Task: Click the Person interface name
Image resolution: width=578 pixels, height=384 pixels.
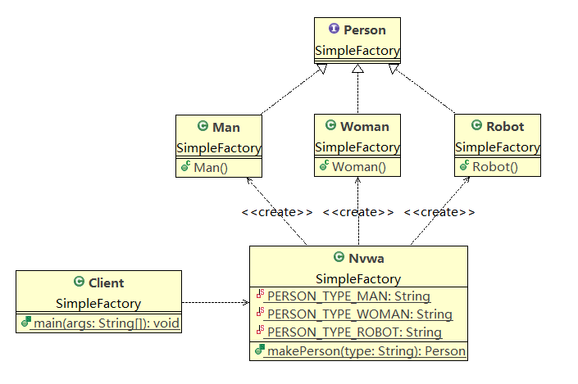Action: (x=364, y=30)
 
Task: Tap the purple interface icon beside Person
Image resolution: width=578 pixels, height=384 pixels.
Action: (x=334, y=30)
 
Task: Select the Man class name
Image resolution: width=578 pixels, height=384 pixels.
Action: (x=225, y=127)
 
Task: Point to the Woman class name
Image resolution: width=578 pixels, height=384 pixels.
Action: (x=364, y=127)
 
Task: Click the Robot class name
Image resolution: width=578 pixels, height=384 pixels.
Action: (x=504, y=127)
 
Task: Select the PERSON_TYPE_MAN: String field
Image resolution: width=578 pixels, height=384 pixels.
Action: (x=348, y=296)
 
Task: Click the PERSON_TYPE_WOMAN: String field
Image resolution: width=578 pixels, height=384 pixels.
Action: (x=359, y=314)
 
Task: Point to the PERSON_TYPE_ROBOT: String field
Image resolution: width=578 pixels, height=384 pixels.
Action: (x=353, y=332)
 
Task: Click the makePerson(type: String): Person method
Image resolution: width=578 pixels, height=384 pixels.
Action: (x=366, y=351)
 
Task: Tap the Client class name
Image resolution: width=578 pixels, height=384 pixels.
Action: (x=105, y=283)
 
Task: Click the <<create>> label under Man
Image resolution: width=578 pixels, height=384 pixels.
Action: (x=276, y=212)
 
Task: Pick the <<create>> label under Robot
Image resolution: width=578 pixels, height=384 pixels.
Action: (x=439, y=212)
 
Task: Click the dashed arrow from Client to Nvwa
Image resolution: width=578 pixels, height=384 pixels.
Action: (x=216, y=303)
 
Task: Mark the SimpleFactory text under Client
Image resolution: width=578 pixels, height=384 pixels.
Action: (x=98, y=304)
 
